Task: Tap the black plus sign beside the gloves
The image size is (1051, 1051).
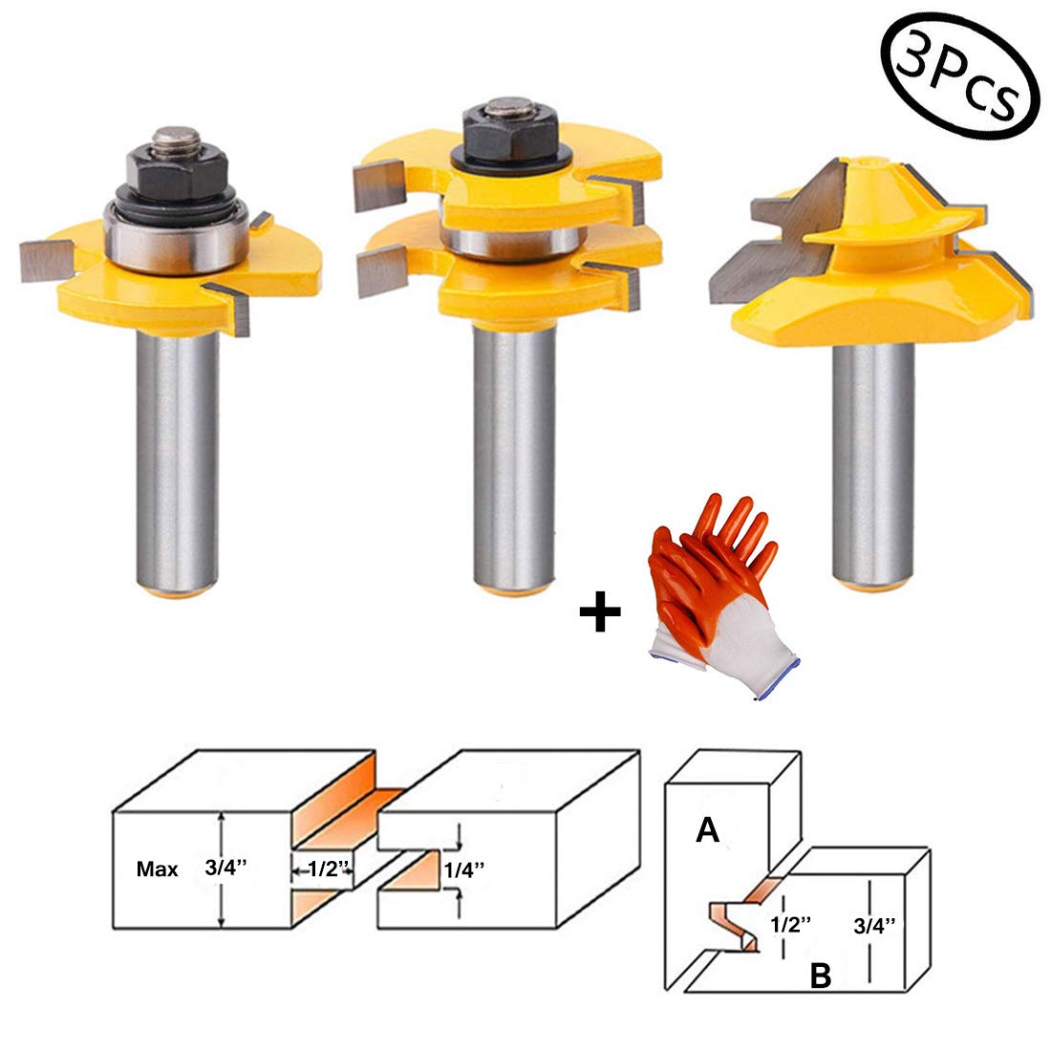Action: click(600, 615)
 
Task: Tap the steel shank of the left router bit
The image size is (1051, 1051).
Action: click(179, 459)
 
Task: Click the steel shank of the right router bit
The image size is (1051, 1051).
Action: click(872, 459)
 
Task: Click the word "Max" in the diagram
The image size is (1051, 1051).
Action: click(157, 870)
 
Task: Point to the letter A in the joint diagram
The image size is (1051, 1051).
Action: click(707, 831)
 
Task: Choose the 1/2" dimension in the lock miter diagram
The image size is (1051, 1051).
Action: click(791, 924)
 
